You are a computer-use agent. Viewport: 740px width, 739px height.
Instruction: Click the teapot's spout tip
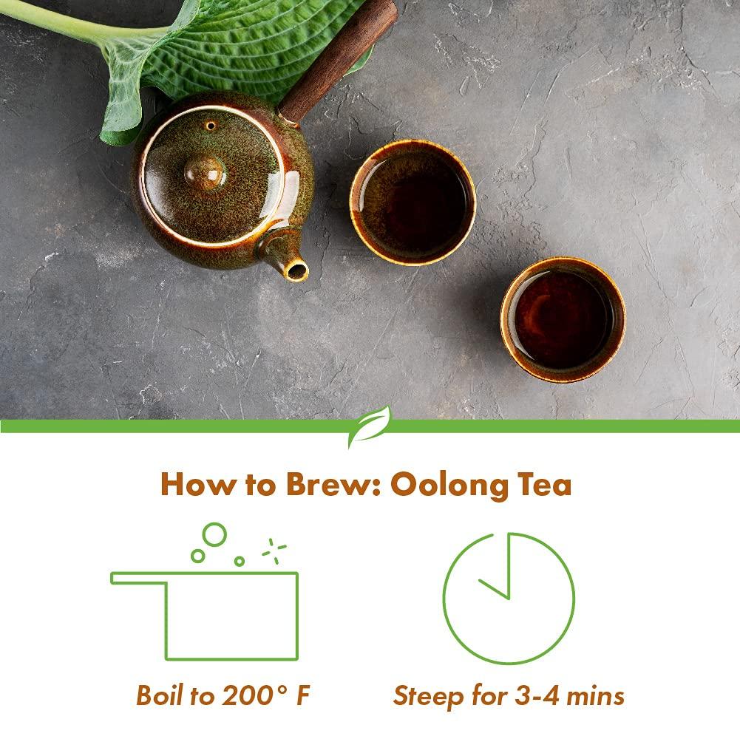click(297, 271)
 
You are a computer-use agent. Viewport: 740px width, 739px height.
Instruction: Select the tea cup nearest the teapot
click(412, 202)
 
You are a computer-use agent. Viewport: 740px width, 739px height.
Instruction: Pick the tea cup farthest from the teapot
click(563, 319)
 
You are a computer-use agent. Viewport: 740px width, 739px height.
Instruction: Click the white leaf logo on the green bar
click(369, 426)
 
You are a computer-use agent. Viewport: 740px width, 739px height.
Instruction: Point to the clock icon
click(509, 598)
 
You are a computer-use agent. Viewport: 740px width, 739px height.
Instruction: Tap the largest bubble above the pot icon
click(215, 534)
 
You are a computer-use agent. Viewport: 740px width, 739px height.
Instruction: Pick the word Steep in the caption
click(425, 695)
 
